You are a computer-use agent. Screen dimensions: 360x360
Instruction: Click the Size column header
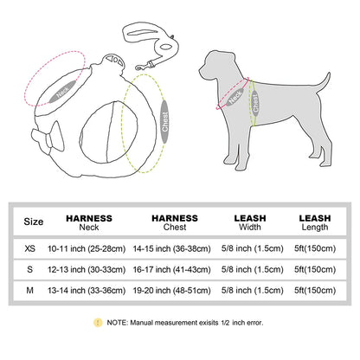[x=32, y=222]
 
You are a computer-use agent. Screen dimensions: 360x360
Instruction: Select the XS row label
[x=32, y=247]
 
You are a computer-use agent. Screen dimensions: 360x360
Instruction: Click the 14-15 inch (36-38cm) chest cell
[x=174, y=247]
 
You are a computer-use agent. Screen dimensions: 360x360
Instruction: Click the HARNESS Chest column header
[x=174, y=222]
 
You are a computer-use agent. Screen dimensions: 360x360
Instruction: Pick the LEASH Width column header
[x=249, y=222]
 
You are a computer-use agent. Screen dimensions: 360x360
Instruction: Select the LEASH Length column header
[x=315, y=222]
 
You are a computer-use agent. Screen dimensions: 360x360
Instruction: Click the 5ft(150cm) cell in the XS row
[x=315, y=247]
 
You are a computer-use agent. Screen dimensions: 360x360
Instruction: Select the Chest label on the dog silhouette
[x=256, y=104]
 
